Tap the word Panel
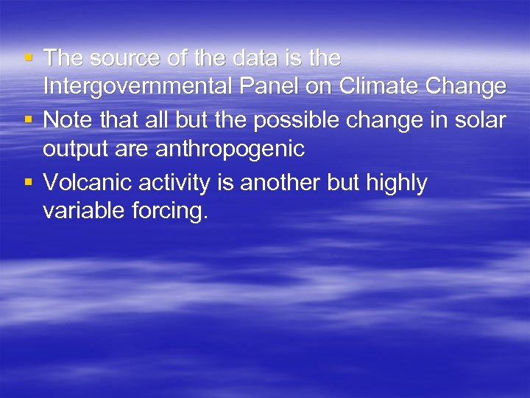click(269, 87)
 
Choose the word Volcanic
click(86, 181)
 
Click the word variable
click(82, 211)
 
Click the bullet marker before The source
click(27, 56)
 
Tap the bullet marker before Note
click(27, 119)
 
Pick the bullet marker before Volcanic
click(27, 181)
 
